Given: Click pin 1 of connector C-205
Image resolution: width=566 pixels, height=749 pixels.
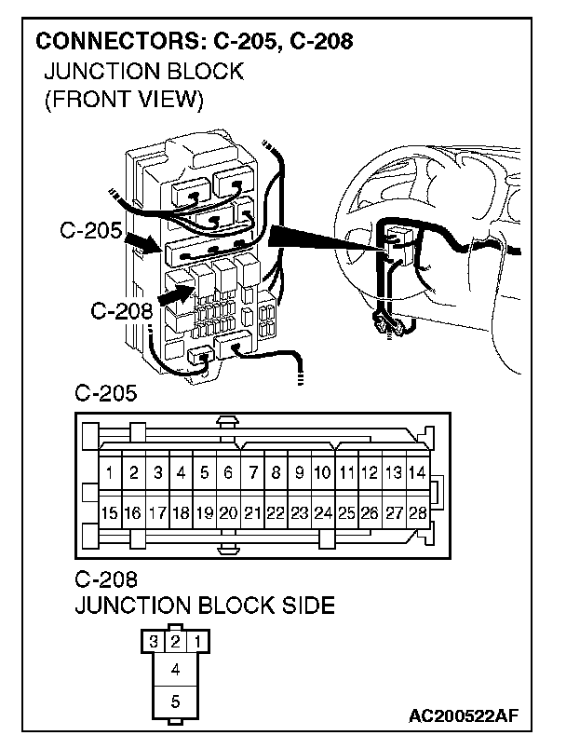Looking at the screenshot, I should click(x=110, y=473).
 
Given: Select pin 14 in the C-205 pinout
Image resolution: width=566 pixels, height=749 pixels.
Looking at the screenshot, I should click(x=417, y=473).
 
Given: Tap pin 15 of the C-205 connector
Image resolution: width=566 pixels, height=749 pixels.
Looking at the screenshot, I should click(x=110, y=512).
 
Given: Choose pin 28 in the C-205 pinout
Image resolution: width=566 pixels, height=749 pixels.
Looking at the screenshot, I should click(x=417, y=512).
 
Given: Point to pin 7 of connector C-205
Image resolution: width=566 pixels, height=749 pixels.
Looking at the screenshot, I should click(x=252, y=473).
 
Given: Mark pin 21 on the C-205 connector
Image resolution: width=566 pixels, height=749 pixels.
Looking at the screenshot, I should click(x=252, y=512).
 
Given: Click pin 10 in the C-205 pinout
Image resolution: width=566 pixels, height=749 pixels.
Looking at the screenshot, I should click(x=323, y=473).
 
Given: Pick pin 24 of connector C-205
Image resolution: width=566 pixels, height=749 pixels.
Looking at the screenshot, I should click(x=323, y=512).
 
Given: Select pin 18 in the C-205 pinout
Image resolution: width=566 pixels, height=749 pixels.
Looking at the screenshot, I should click(x=181, y=512).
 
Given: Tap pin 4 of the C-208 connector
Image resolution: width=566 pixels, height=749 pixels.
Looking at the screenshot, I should click(x=175, y=668).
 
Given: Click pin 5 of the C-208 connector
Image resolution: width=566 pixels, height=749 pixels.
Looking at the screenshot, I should click(x=175, y=699).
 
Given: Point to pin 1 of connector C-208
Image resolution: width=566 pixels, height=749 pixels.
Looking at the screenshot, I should click(x=196, y=642).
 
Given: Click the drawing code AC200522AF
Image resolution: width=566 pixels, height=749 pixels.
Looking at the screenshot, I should click(x=463, y=715).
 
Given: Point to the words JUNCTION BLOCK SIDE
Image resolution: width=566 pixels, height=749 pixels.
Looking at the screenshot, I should click(x=204, y=606).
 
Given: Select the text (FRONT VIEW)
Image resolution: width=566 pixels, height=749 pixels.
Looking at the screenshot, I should click(x=123, y=99).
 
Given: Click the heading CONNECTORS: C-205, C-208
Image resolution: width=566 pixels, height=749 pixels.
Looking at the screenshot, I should click(x=193, y=42).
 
